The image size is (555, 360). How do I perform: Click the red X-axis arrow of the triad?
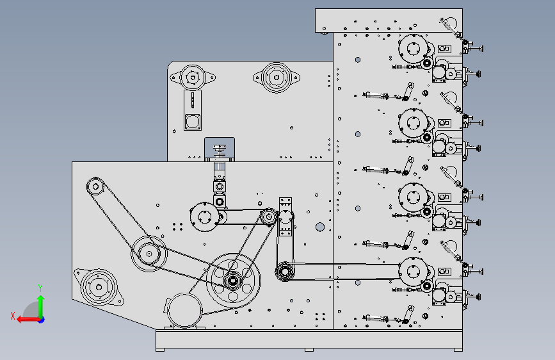click(x=28, y=320)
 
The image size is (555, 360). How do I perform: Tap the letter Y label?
click(x=40, y=288)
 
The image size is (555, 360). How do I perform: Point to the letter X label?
click(x=13, y=316)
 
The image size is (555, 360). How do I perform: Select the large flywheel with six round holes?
click(x=233, y=281)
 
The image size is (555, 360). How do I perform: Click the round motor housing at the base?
click(x=184, y=311)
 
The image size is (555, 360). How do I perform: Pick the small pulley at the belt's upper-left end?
click(x=95, y=186)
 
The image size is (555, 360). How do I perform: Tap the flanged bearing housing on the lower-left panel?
click(x=99, y=287)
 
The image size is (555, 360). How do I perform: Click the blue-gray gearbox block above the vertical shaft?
click(x=220, y=149)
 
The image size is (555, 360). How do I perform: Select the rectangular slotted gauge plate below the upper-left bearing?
click(x=193, y=110)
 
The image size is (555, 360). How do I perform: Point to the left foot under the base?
click(x=160, y=350)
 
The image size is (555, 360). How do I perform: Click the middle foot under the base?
click(x=309, y=350)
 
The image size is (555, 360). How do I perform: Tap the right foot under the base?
click(x=458, y=350)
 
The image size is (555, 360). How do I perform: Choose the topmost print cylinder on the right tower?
click(x=413, y=49)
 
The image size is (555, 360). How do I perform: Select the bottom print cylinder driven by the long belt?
click(x=413, y=272)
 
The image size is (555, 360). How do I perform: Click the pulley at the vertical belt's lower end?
click(x=285, y=272)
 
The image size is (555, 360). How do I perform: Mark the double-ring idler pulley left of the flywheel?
click(x=149, y=254)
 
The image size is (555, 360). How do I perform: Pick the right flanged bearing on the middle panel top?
click(x=277, y=78)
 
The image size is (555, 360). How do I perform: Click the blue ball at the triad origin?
click(x=42, y=320)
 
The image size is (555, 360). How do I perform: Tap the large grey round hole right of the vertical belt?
click(x=320, y=227)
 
